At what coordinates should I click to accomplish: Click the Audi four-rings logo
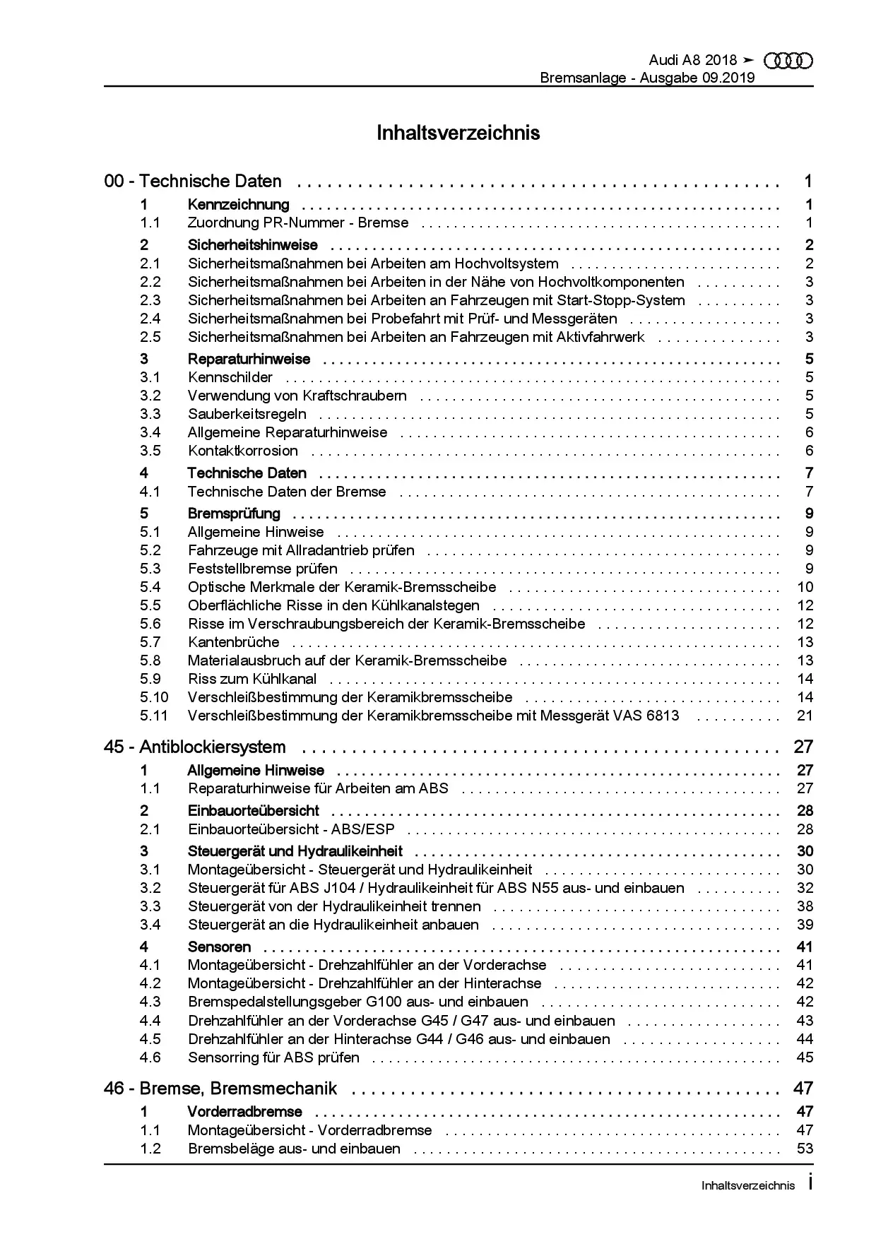(x=789, y=61)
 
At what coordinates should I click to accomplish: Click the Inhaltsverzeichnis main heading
(x=458, y=133)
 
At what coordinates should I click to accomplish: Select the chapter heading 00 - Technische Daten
(x=193, y=182)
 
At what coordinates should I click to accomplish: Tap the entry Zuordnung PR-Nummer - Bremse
(x=297, y=223)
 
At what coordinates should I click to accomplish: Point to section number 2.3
(x=150, y=300)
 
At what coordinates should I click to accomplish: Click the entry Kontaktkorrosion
(x=242, y=451)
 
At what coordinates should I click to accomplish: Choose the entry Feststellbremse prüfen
(x=262, y=569)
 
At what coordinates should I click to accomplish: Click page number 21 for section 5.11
(x=805, y=716)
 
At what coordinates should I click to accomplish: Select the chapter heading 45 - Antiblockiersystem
(x=195, y=747)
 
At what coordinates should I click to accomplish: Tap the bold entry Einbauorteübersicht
(x=253, y=811)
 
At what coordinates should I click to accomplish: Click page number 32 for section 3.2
(x=805, y=888)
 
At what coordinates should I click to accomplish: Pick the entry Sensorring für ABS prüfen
(x=273, y=1057)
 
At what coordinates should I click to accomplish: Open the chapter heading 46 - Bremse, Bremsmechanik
(x=220, y=1089)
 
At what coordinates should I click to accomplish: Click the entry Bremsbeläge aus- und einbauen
(x=294, y=1149)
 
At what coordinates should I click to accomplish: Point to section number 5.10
(x=153, y=697)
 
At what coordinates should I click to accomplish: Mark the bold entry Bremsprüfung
(x=234, y=514)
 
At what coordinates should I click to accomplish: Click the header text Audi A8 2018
(x=692, y=61)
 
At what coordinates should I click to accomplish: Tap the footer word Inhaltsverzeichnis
(x=748, y=1186)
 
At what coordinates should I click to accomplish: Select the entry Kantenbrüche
(x=233, y=642)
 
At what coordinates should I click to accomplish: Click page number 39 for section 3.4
(x=805, y=925)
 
